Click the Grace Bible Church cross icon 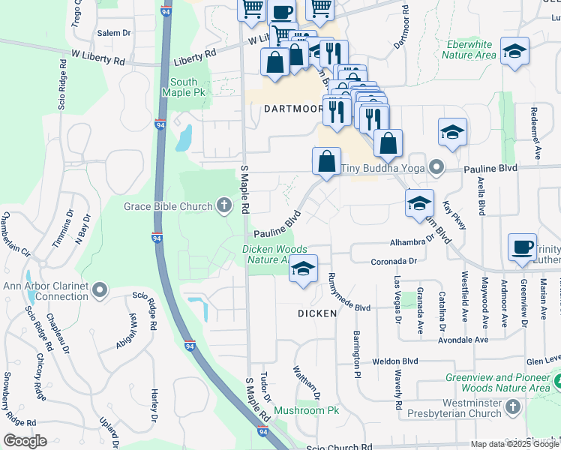tap(223, 205)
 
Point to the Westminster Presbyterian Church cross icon tap(512, 407)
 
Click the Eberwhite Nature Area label tap(469, 49)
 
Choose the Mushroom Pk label tap(307, 410)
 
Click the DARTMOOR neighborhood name tap(293, 109)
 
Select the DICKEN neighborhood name tap(316, 313)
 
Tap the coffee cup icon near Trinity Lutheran tap(522, 248)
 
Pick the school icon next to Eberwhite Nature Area tap(514, 52)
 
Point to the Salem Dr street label tap(113, 34)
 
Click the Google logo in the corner tap(25, 441)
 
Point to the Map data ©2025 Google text tap(514, 444)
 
